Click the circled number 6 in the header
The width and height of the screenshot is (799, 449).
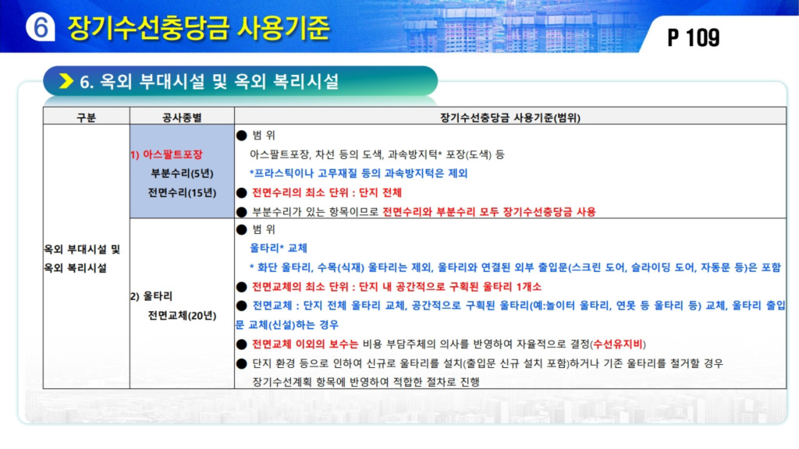click(x=41, y=27)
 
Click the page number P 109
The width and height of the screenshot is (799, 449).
click(x=694, y=37)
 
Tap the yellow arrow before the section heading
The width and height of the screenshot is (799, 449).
click(x=66, y=80)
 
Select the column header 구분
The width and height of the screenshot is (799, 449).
click(x=86, y=118)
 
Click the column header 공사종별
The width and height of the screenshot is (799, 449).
click(x=182, y=118)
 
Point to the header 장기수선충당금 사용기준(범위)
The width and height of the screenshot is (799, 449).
click(x=510, y=118)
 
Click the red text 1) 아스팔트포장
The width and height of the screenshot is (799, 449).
click(x=166, y=154)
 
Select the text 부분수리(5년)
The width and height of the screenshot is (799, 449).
click(x=182, y=174)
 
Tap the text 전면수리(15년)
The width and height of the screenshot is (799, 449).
click(x=182, y=193)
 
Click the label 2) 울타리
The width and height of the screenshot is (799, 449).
click(x=151, y=296)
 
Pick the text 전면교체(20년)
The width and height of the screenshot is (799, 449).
click(x=182, y=316)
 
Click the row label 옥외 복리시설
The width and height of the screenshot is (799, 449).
click(x=76, y=268)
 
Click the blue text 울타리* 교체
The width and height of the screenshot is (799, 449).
click(x=279, y=248)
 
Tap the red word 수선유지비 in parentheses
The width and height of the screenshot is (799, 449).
click(x=618, y=344)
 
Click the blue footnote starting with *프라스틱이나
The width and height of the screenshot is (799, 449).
click(x=358, y=174)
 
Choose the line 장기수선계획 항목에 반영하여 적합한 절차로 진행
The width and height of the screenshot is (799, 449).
click(x=366, y=382)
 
